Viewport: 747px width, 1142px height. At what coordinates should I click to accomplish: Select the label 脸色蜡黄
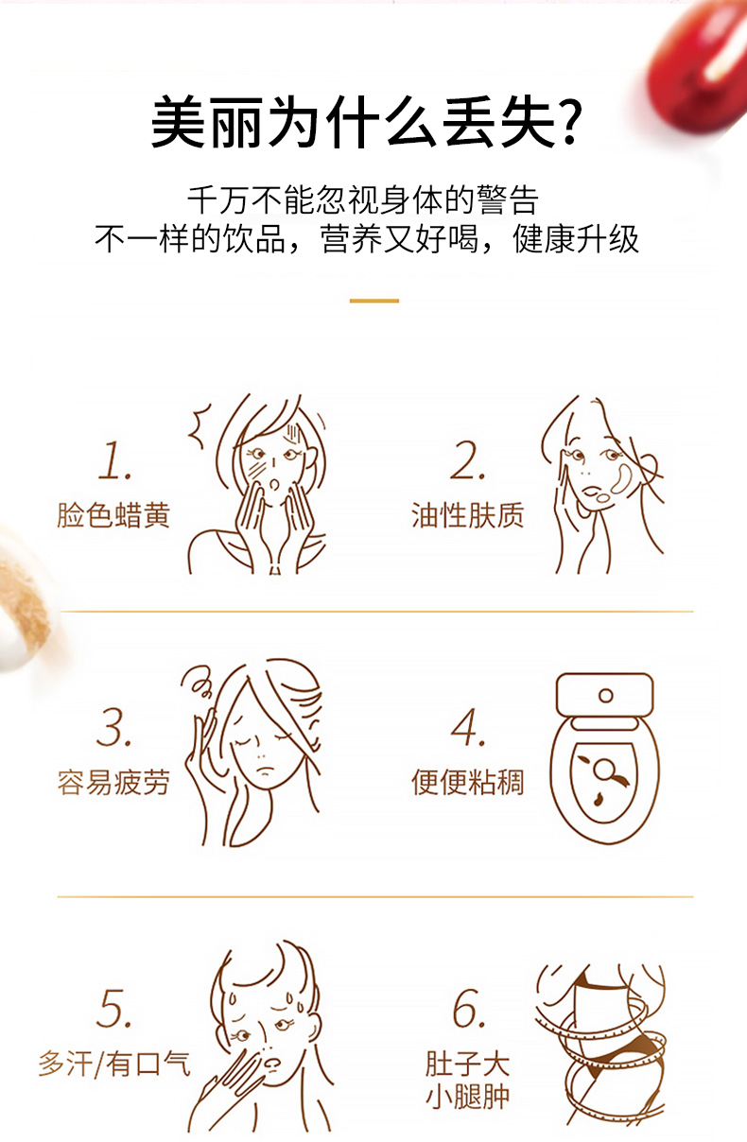tap(113, 515)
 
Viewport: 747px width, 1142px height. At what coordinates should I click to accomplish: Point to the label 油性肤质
tap(467, 515)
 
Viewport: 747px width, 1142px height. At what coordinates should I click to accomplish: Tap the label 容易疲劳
tap(113, 783)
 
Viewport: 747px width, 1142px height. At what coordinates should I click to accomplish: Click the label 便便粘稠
tap(467, 783)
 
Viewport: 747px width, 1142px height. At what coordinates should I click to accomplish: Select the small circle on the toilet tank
tap(606, 696)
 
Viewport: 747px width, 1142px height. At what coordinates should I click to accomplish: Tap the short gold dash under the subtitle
tap(373, 301)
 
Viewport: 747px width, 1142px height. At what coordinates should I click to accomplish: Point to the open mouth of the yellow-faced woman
tap(274, 484)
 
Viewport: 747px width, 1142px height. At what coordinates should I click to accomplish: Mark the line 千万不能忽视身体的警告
tap(363, 200)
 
